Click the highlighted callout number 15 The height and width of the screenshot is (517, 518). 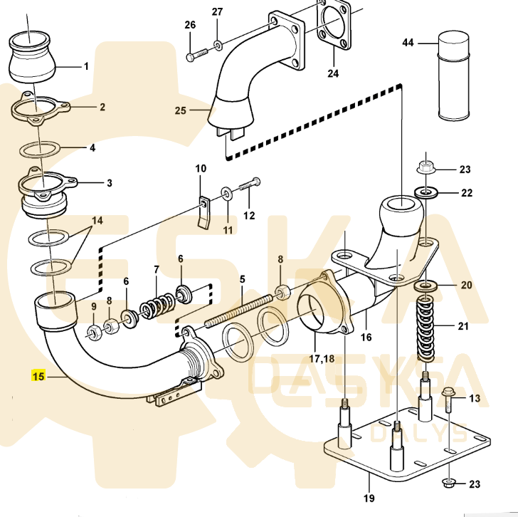(38, 376)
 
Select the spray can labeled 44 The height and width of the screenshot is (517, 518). (453, 76)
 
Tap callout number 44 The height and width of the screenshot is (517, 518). (408, 43)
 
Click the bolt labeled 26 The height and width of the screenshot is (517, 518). (197, 55)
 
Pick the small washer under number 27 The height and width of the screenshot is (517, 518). (218, 45)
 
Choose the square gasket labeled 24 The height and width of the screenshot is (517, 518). (334, 25)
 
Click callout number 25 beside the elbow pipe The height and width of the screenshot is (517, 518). (181, 110)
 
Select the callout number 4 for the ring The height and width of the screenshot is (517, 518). (92, 147)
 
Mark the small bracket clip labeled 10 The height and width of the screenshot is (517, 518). (204, 213)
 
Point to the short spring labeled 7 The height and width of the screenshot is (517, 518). (158, 306)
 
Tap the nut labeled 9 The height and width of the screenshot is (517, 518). (94, 333)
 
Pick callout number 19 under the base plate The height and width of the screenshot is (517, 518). (369, 498)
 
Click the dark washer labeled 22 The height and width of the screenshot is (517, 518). (426, 192)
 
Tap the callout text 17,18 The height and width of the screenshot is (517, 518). (322, 358)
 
